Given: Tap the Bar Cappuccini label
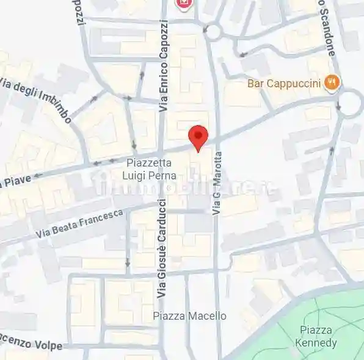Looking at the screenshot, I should point(284,83).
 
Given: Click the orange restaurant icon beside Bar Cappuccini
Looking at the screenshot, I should point(332,82).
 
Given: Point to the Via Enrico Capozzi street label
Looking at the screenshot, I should point(163,66).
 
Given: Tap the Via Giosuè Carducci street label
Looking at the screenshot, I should point(162,248).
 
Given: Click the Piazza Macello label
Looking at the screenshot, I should point(189,315).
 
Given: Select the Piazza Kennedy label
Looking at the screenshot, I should point(315,336).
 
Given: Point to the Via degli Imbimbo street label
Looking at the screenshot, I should point(37,98).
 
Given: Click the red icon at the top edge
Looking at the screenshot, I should point(183,4).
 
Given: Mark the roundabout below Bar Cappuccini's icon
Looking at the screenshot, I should point(350,103).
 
